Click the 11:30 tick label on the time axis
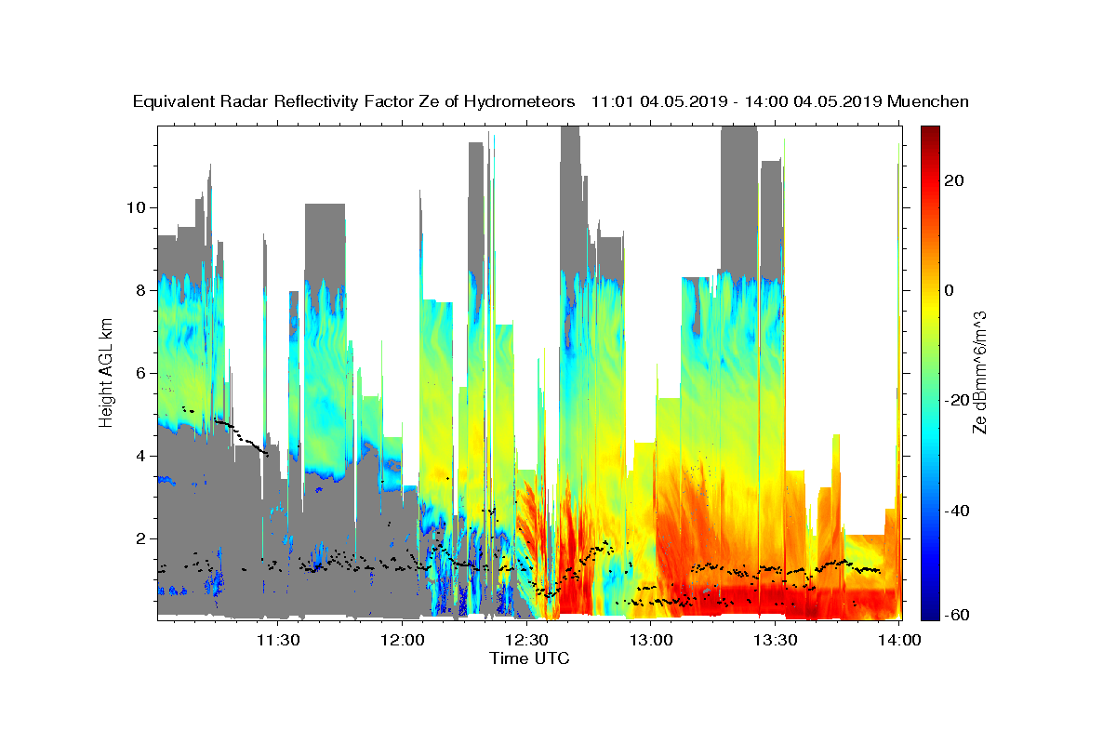[x=278, y=640]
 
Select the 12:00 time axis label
[x=402, y=640]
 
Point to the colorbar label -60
[x=957, y=615]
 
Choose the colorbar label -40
[x=957, y=511]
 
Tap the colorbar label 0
[x=950, y=290]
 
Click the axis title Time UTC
[x=529, y=659]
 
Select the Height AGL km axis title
[x=107, y=373]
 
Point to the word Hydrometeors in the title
[x=525, y=101]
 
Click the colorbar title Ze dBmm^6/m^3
[x=979, y=373]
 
